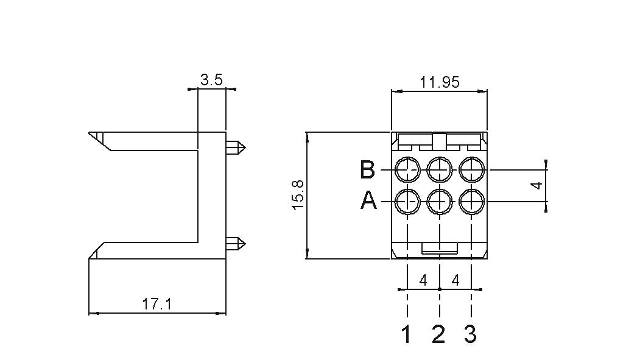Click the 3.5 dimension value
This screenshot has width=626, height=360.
[x=211, y=80]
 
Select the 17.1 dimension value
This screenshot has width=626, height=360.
[x=157, y=305]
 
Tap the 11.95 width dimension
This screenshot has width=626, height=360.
[x=439, y=82]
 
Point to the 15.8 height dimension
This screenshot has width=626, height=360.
[x=298, y=194]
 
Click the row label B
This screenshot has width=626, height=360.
[x=367, y=169]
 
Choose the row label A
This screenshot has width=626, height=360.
[x=368, y=200]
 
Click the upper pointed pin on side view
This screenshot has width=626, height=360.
[x=236, y=148]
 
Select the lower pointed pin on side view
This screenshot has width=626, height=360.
[x=236, y=244]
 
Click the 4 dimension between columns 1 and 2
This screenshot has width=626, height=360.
[x=423, y=280]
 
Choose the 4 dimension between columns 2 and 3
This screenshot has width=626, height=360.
[x=455, y=280]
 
